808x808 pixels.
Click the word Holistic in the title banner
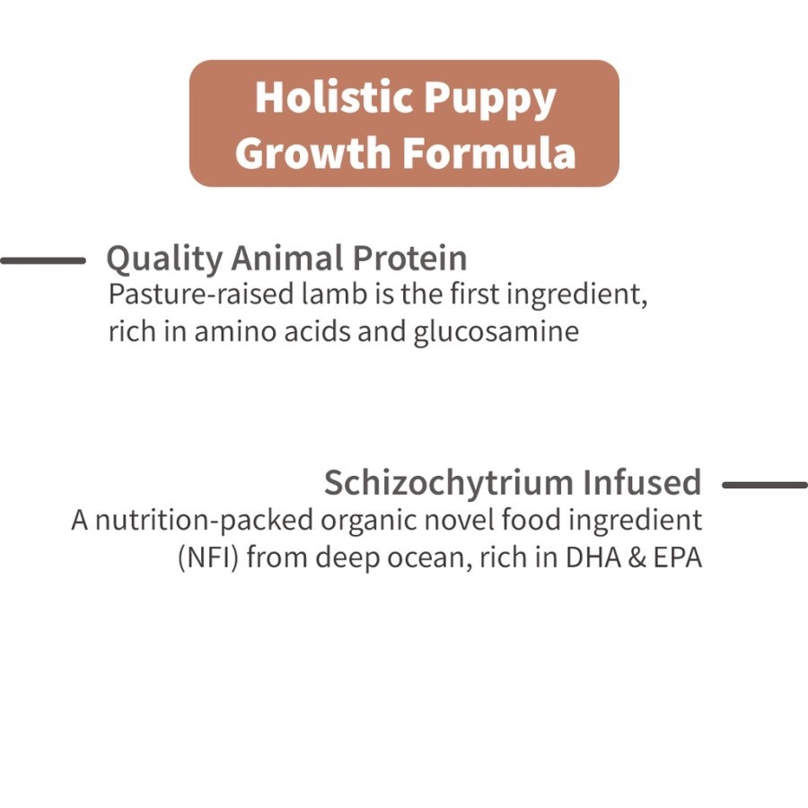(x=334, y=97)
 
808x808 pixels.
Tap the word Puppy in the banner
(x=490, y=100)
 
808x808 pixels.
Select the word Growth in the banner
(x=312, y=152)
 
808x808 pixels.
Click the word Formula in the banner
(x=488, y=152)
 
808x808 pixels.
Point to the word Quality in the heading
(x=164, y=259)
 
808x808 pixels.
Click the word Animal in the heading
(x=287, y=257)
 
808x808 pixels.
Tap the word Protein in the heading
(x=409, y=257)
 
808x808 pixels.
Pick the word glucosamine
(x=496, y=332)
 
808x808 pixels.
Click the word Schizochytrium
(x=448, y=483)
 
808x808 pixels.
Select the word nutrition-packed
(x=204, y=521)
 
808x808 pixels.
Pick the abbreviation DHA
(x=593, y=558)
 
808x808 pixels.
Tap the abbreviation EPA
(x=677, y=558)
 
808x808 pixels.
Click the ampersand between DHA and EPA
(x=637, y=558)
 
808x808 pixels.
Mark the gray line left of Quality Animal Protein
(x=43, y=260)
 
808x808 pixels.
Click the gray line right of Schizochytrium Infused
(x=765, y=485)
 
